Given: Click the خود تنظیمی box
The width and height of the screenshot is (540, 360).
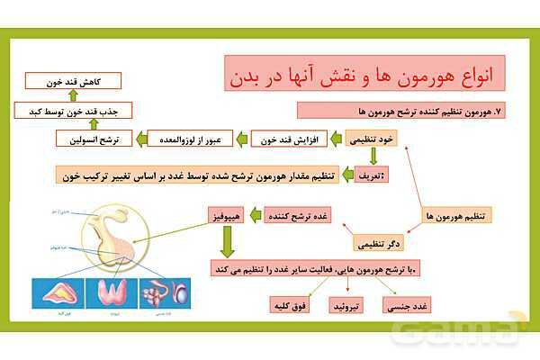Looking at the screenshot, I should click(x=368, y=139).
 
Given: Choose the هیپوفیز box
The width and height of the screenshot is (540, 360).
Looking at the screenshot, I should click(x=224, y=216).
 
